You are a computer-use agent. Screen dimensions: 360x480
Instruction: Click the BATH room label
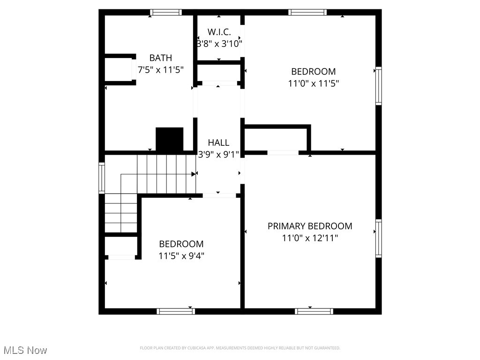[160, 58]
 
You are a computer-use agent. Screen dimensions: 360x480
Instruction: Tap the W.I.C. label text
[219, 32]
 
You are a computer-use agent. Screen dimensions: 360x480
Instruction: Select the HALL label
[219, 142]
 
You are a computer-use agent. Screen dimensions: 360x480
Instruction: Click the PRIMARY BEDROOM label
[310, 226]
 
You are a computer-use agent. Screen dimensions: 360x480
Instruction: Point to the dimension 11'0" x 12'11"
[310, 238]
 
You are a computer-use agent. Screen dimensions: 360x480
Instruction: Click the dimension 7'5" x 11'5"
[160, 69]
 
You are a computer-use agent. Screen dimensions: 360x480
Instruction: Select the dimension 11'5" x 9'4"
[181, 255]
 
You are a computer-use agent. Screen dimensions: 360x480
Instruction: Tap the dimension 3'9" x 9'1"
[219, 154]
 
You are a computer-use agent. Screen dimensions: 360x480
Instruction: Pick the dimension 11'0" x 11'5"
[314, 83]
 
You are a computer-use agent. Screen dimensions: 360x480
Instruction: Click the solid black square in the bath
[169, 139]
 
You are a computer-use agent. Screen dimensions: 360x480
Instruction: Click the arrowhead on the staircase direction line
[194, 174]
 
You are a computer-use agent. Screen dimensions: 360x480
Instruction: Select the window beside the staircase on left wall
[102, 178]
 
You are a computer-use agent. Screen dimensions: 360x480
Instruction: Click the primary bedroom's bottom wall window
[314, 311]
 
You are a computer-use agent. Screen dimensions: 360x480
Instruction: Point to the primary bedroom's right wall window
[378, 238]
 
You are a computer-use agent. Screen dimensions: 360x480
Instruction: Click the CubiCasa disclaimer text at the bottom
[240, 348]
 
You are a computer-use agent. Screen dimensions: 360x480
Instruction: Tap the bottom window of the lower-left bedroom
[176, 311]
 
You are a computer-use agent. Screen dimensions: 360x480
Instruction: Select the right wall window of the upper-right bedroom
[378, 86]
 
